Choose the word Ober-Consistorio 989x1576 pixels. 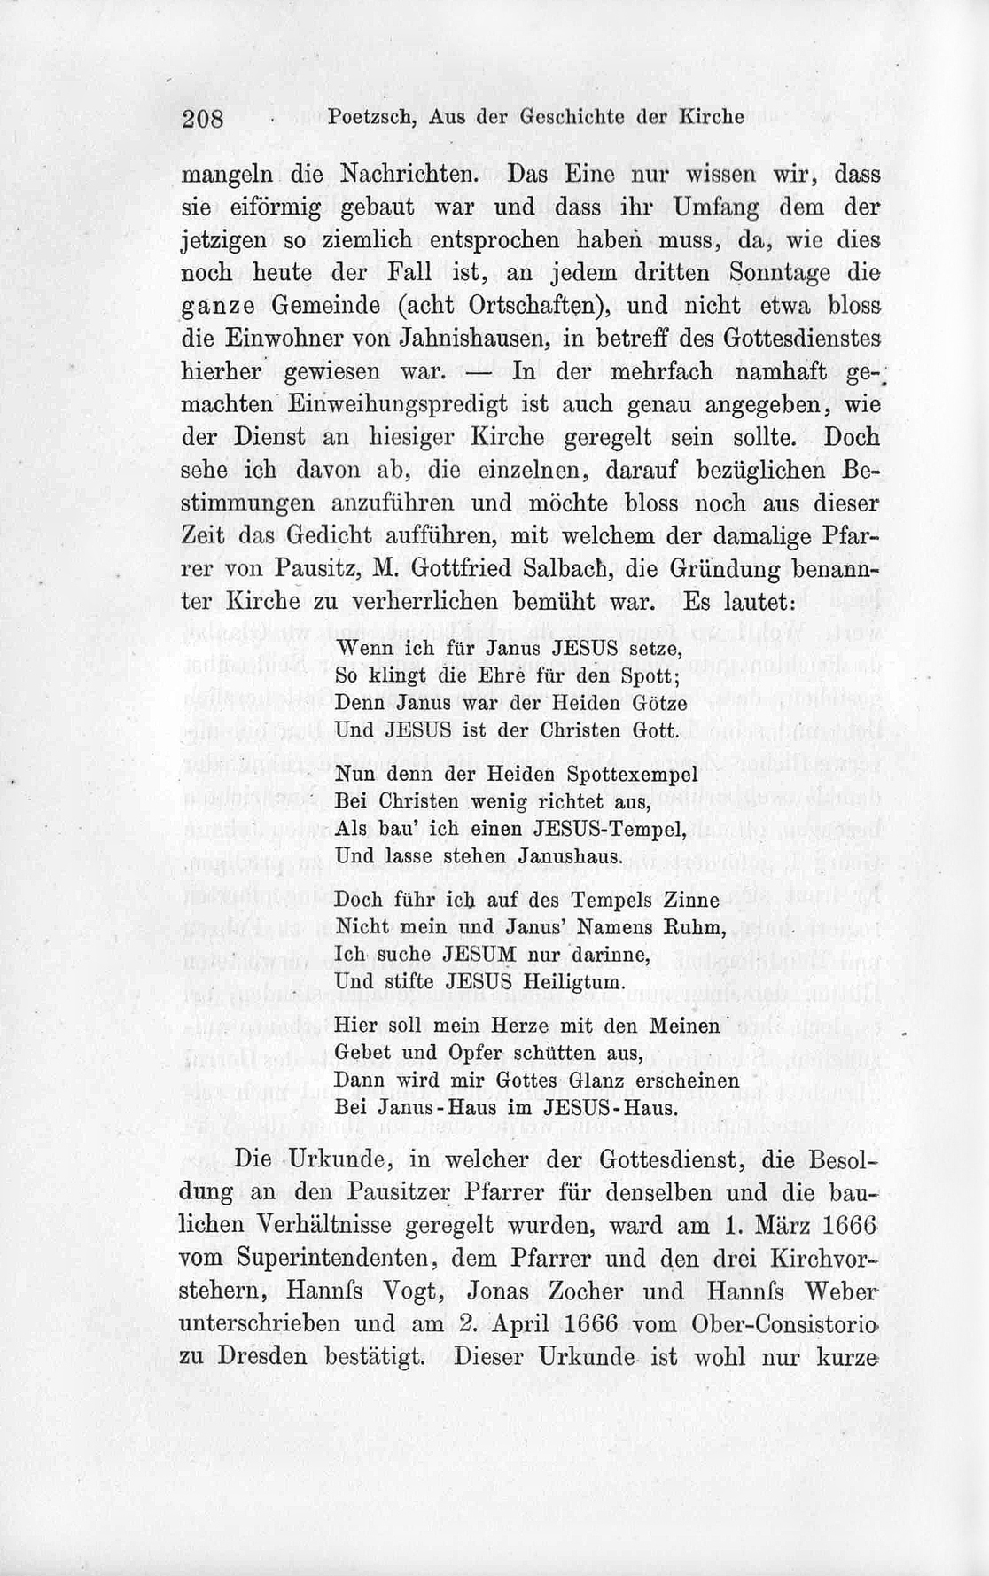[789, 1324]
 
